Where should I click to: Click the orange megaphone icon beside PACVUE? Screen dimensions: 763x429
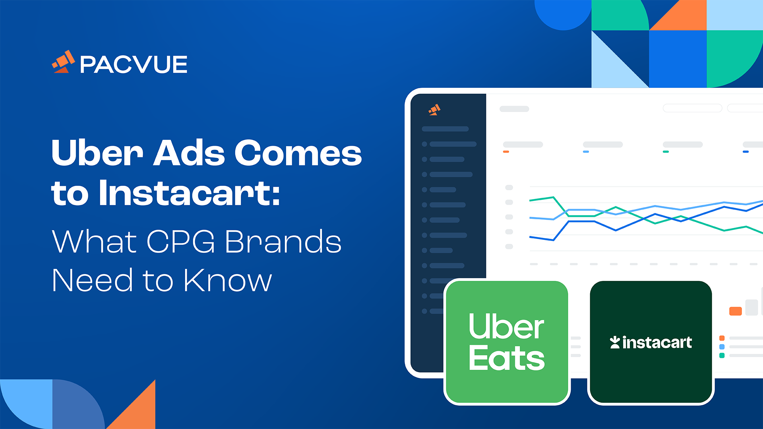coord(64,62)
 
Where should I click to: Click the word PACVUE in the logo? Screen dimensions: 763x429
coord(134,64)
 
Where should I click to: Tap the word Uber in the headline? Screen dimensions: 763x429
coord(97,153)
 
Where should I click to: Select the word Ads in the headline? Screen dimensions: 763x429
coord(189,153)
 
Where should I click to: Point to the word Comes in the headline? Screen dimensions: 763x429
coord(298,153)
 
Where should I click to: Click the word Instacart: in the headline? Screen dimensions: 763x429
coord(190,193)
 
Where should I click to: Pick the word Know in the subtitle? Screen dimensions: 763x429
coord(227,280)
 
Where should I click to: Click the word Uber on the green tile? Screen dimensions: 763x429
coord(506,326)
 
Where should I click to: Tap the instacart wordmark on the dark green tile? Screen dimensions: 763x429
coord(657,342)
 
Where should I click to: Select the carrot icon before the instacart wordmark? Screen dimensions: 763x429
coord(615,342)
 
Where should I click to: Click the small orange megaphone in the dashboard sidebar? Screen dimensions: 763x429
coord(434,110)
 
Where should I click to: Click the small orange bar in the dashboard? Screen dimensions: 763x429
coord(736,311)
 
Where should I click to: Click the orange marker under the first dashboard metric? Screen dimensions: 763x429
coord(506,152)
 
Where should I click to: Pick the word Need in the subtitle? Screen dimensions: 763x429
coord(92,280)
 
